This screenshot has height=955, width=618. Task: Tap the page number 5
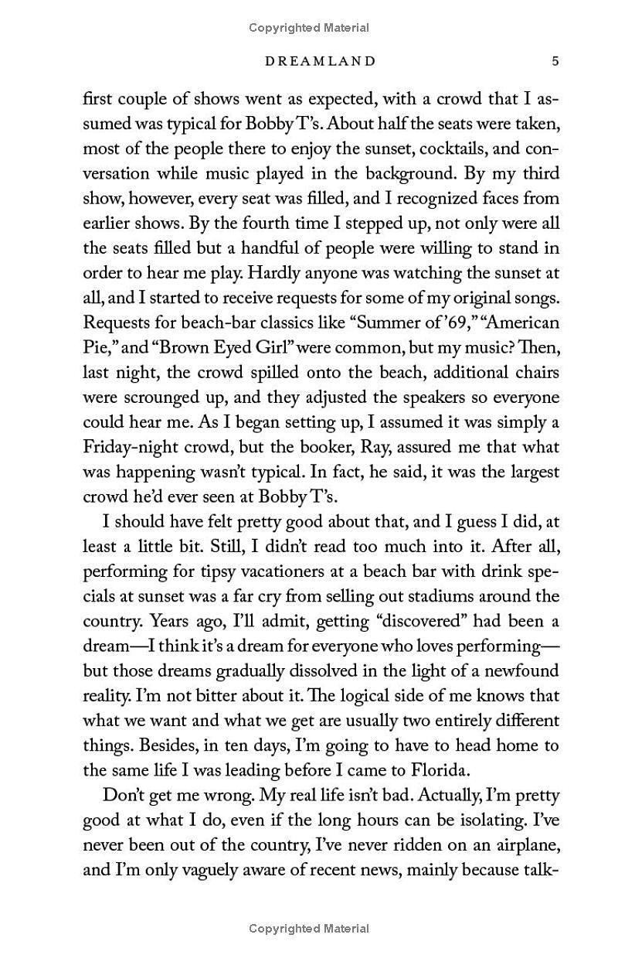click(x=555, y=61)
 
